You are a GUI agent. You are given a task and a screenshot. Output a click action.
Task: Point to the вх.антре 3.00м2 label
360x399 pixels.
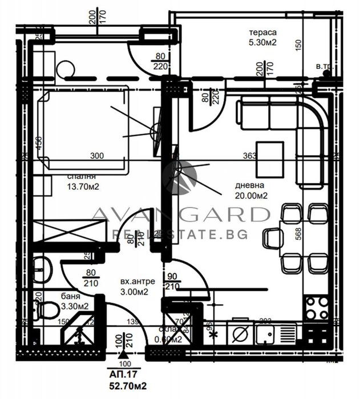point(135,287)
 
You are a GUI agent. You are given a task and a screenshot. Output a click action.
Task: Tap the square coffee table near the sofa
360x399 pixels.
point(269,159)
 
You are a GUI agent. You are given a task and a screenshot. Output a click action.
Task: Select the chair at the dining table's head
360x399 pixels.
point(273,238)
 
